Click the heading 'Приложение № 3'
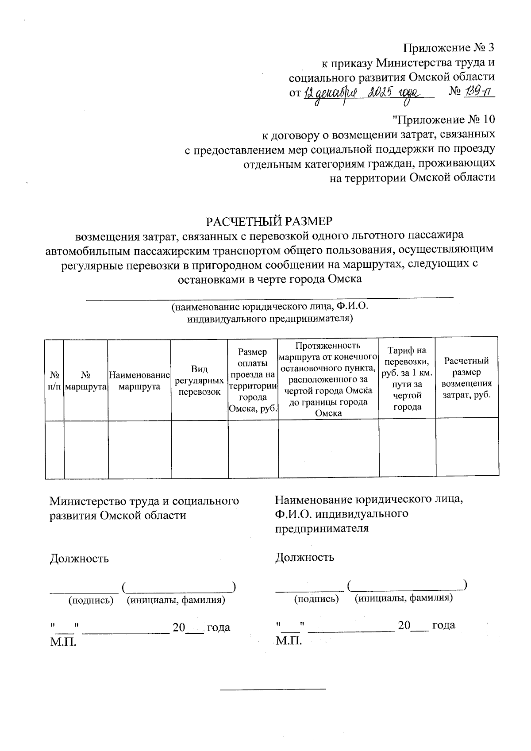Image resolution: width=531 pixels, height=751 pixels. tap(448, 48)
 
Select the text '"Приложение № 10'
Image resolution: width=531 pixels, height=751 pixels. tap(443, 119)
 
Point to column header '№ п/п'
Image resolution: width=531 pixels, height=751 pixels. tap(55, 380)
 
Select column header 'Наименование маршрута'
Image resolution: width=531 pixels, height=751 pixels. tap(139, 380)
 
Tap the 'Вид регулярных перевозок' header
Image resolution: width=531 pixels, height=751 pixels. tap(199, 380)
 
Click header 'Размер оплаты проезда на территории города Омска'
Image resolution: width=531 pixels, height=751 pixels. tap(253, 380)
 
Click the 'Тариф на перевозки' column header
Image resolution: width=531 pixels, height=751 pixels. tap(407, 378)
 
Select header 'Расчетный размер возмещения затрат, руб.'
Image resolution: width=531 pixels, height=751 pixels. tap(467, 378)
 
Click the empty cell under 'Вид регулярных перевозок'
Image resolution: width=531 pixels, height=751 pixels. tap(200, 449)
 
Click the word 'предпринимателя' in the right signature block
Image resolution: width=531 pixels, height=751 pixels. tap(322, 528)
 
